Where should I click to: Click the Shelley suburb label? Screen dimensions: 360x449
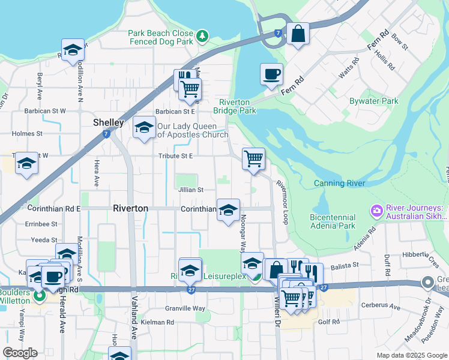(x=109, y=122)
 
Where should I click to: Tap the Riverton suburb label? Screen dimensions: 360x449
(x=130, y=208)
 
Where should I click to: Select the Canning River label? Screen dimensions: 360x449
(x=339, y=183)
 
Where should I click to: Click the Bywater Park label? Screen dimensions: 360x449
(x=374, y=101)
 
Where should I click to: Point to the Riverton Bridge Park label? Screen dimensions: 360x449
(x=234, y=106)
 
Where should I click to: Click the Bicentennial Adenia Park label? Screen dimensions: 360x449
(x=333, y=221)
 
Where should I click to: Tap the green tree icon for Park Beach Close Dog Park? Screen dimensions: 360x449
(x=203, y=37)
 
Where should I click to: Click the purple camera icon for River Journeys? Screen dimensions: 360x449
(x=376, y=209)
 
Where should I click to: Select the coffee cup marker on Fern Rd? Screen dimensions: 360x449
(x=271, y=74)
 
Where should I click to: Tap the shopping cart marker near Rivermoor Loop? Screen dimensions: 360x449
(x=253, y=160)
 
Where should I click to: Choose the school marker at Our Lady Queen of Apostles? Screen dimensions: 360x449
(x=143, y=128)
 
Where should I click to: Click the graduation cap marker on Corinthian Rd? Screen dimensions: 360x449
(x=228, y=211)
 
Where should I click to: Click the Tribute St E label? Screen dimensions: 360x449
(x=175, y=156)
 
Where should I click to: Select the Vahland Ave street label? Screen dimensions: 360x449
(x=134, y=325)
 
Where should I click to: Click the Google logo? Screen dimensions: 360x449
(x=19, y=352)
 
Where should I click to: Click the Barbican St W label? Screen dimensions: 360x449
(x=45, y=111)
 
